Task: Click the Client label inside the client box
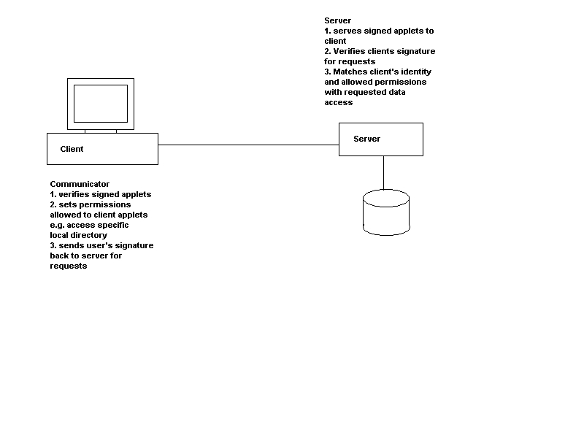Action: coord(72,149)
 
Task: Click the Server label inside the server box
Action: coord(366,139)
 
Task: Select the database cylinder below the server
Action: coord(385,212)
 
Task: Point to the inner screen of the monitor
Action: coord(101,103)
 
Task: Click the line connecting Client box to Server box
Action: coord(248,145)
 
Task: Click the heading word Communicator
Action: coord(80,184)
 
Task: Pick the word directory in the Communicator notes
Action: coord(89,235)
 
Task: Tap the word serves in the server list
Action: coord(347,31)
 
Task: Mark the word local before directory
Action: coord(59,235)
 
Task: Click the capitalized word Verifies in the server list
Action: coord(350,51)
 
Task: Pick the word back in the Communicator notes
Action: coord(59,255)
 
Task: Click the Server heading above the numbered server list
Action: coord(337,20)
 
